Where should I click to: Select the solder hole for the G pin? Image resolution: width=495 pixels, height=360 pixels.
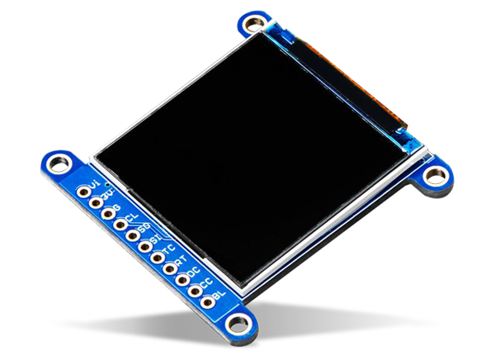point(109,215)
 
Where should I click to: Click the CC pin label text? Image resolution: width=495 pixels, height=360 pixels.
point(206,282)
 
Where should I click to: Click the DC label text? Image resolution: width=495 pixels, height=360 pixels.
point(194,271)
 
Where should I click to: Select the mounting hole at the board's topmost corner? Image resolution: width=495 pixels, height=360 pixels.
point(256,23)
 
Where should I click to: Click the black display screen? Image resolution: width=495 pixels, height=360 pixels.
point(247,157)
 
